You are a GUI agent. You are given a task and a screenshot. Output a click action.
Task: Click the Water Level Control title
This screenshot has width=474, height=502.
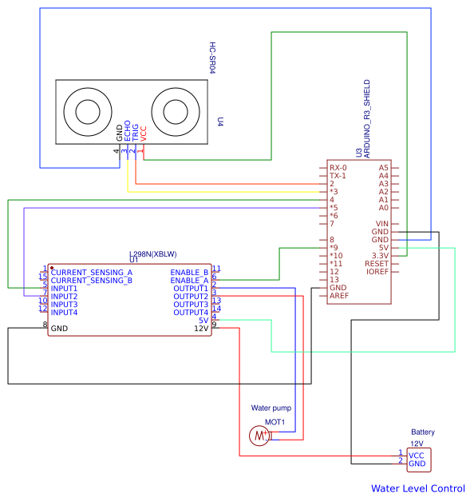[418, 488]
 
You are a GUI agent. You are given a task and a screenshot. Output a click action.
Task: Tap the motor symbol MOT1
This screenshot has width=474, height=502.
[259, 436]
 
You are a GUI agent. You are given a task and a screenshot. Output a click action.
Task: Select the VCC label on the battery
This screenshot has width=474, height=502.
[417, 456]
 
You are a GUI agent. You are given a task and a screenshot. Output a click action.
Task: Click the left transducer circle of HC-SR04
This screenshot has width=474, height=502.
[88, 112]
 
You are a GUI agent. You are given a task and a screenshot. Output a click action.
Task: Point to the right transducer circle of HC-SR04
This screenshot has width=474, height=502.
[176, 112]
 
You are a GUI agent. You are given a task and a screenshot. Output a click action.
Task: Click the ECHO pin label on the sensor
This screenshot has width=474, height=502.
[127, 130]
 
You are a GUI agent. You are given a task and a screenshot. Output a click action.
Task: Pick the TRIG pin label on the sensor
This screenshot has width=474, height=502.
[135, 133]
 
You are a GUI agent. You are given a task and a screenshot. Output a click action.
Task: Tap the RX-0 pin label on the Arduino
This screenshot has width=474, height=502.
[338, 168]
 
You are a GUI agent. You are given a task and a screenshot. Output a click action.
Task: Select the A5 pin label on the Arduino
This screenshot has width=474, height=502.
[383, 168]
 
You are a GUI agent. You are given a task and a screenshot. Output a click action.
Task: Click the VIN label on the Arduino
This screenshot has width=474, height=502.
[382, 224]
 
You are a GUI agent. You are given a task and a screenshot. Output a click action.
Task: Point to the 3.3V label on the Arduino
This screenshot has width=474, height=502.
[380, 256]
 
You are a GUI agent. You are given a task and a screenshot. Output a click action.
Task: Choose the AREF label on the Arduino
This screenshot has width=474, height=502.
[339, 296]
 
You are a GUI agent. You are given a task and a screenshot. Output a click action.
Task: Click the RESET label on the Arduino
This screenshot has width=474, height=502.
[377, 264]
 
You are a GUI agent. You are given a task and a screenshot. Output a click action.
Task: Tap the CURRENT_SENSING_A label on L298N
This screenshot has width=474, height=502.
[92, 273]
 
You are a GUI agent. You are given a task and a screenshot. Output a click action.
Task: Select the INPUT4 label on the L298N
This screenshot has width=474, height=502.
[64, 313]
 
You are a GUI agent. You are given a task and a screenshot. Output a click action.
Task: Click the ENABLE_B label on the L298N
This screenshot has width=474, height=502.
[189, 273]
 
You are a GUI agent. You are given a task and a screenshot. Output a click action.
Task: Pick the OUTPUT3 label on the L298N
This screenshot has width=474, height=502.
[191, 305]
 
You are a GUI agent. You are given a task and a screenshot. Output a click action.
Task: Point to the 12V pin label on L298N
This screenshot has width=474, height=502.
[201, 329]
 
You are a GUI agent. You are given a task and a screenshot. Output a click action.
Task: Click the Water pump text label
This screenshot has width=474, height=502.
[271, 408]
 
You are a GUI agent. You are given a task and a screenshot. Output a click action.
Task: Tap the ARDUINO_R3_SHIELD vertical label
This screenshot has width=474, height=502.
[367, 119]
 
